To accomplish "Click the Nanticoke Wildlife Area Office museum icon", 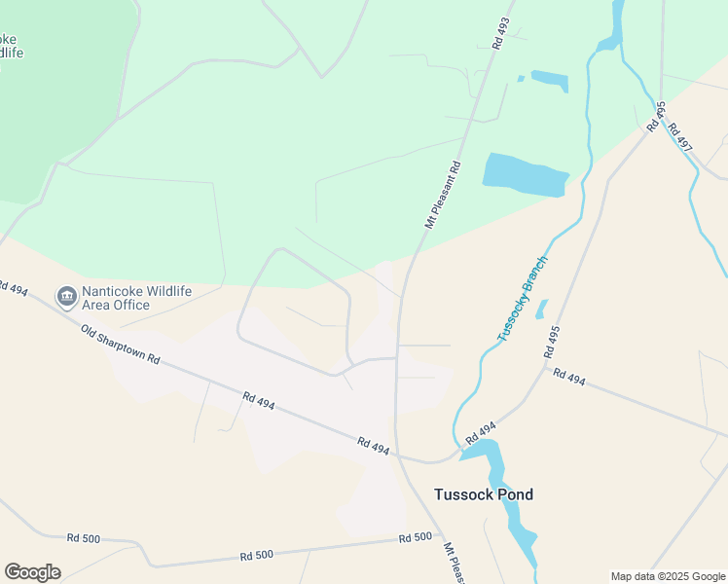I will coord(67,295).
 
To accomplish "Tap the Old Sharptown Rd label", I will coord(119,344).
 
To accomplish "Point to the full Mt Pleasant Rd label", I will coord(442,194).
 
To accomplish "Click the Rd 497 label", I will coord(680,137).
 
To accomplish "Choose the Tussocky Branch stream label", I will coord(523,299).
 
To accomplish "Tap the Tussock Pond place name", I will coord(483,494).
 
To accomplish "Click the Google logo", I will coord(32,572).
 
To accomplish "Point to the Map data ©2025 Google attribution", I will coord(667,576).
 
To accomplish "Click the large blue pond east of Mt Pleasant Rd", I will coord(524,173).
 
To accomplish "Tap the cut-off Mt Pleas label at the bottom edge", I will coord(454,564).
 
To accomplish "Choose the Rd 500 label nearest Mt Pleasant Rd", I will coord(415,537).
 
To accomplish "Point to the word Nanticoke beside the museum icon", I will coord(116,289).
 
